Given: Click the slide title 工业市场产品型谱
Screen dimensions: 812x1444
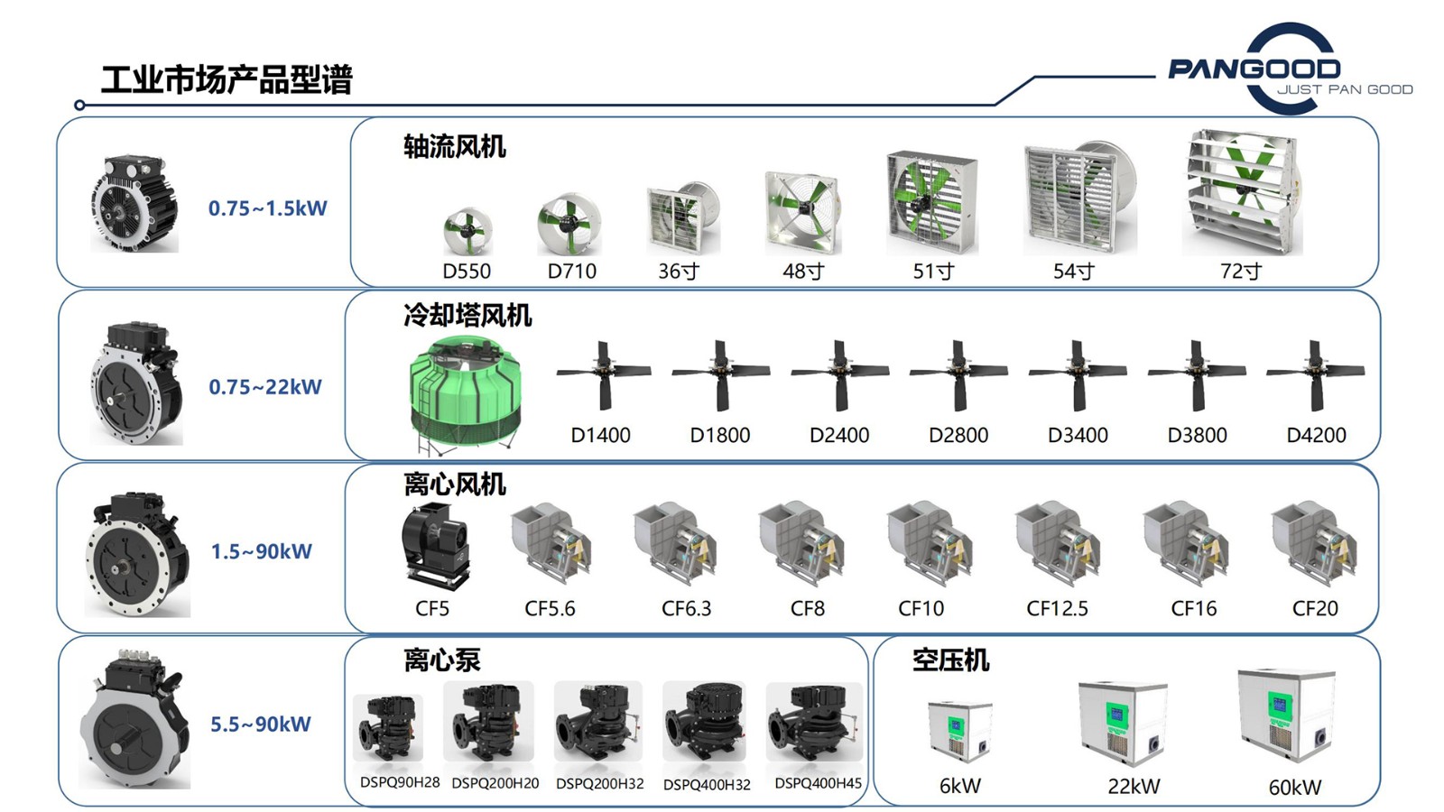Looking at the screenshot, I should pyautogui.click(x=226, y=79).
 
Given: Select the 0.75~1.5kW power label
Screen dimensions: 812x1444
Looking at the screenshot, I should pyautogui.click(x=267, y=208).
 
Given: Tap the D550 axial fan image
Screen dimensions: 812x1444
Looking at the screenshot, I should pyautogui.click(x=467, y=231).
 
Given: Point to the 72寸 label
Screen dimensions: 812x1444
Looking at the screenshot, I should pyautogui.click(x=1241, y=271).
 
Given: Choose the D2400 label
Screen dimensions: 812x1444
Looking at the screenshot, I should pyautogui.click(x=839, y=435).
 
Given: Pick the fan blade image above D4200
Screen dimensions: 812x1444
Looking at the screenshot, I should pyautogui.click(x=1315, y=374).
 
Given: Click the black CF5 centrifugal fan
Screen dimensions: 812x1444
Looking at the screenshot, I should pyautogui.click(x=435, y=546).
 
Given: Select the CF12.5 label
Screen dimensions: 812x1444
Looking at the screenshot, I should pyautogui.click(x=1057, y=609).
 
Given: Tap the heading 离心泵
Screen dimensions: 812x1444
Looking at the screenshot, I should pyautogui.click(x=441, y=660).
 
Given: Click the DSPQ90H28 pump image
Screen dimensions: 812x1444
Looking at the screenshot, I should pyautogui.click(x=388, y=727).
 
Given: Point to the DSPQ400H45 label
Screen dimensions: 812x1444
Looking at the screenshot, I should pyautogui.click(x=818, y=783).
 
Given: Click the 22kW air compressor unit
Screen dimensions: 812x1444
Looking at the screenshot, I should pyautogui.click(x=1122, y=723).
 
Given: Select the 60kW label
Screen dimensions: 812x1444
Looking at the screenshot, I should pyautogui.click(x=1294, y=787).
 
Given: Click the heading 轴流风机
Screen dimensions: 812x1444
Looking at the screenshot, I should pyautogui.click(x=454, y=146).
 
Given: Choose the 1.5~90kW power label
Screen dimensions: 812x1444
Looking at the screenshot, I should pyautogui.click(x=261, y=551).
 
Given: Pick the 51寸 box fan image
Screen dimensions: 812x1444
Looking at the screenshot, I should pyautogui.click(x=931, y=202).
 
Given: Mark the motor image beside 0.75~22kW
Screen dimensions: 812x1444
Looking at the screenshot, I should pyautogui.click(x=137, y=383).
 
